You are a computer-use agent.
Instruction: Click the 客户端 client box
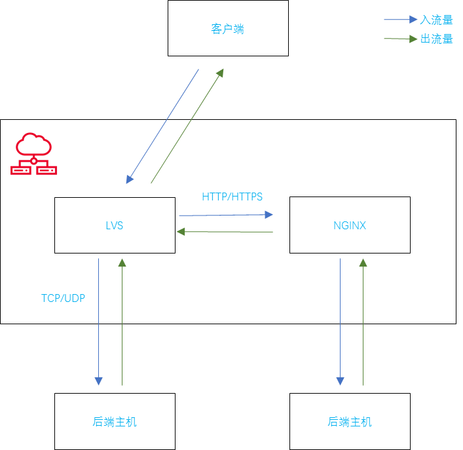pyautogui.click(x=228, y=28)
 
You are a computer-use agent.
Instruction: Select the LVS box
pyautogui.click(x=115, y=225)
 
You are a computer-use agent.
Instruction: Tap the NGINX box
pyautogui.click(x=350, y=225)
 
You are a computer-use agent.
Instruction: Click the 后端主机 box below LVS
pyautogui.click(x=115, y=421)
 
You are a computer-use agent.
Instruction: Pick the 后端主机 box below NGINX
pyautogui.click(x=350, y=421)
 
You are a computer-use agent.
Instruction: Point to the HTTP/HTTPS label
pyautogui.click(x=232, y=197)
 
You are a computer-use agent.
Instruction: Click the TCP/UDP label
pyautogui.click(x=63, y=298)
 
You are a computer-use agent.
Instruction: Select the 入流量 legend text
pyautogui.click(x=436, y=20)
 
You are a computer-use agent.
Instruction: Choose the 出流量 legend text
pyautogui.click(x=436, y=39)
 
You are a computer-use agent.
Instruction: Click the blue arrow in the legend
pyautogui.click(x=400, y=20)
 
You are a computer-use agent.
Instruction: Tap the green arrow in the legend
pyautogui.click(x=400, y=39)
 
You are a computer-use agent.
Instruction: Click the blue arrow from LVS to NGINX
pyautogui.click(x=226, y=214)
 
